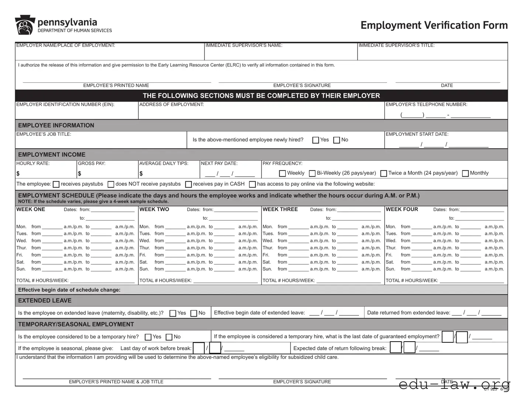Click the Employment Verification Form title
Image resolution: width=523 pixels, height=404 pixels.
(434, 25)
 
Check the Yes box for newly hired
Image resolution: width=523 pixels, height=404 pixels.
(315, 140)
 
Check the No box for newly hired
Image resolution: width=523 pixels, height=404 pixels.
(336, 140)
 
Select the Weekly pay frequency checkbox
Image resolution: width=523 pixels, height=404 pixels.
(283, 173)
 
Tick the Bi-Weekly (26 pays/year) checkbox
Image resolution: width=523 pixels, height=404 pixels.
(312, 173)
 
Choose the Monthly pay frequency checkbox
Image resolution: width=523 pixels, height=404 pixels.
(465, 173)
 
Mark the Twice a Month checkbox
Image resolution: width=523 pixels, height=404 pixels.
(384, 173)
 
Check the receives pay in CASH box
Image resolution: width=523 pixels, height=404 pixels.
(188, 184)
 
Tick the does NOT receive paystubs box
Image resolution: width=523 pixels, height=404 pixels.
(111, 184)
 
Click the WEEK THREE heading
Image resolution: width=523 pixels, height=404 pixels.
(280, 209)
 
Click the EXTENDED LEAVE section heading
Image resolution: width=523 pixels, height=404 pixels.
(45, 301)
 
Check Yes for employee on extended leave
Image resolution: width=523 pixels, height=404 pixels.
(172, 313)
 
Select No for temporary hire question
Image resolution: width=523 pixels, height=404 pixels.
(169, 337)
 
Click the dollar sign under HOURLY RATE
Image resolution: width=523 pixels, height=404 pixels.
(18, 174)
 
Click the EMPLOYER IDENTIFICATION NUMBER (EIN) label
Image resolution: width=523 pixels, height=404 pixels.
(65, 105)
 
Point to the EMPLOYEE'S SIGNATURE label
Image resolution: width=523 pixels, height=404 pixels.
(302, 85)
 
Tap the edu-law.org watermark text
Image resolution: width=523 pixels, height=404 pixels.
(454, 384)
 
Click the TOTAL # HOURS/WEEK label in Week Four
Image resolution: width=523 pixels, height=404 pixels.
(412, 281)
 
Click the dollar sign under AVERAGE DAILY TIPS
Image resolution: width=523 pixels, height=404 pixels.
(141, 174)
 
